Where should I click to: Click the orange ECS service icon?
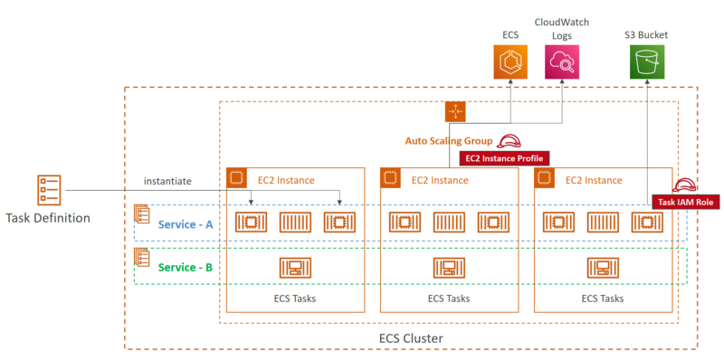pyautogui.click(x=510, y=62)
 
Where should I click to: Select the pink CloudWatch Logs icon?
pyautogui.click(x=561, y=62)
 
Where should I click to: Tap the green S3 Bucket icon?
pyautogui.click(x=645, y=62)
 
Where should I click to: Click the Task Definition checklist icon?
pyautogui.click(x=49, y=191)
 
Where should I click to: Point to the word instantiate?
pyautogui.click(x=168, y=182)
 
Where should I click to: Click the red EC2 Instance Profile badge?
pyautogui.click(x=504, y=158)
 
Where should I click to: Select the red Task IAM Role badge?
pyautogui.click(x=685, y=203)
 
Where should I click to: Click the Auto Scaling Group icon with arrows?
pyautogui.click(x=454, y=111)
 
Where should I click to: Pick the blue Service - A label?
pyautogui.click(x=186, y=223)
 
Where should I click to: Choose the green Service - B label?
pyautogui.click(x=186, y=267)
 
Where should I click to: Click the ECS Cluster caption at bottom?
pyautogui.click(x=411, y=337)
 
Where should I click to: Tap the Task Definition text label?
pyautogui.click(x=47, y=218)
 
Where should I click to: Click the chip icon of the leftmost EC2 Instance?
pyautogui.click(x=237, y=178)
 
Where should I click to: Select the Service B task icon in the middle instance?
pyautogui.click(x=449, y=267)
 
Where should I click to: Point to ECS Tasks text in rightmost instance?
pyautogui.click(x=603, y=298)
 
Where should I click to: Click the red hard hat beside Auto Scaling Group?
pyautogui.click(x=510, y=140)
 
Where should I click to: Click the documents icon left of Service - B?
pyautogui.click(x=142, y=258)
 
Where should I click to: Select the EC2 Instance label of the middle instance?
pyautogui.click(x=440, y=180)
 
